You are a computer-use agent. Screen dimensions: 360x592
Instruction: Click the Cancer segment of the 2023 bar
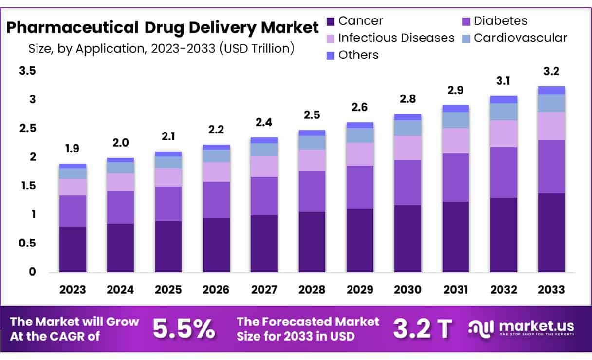click(73, 249)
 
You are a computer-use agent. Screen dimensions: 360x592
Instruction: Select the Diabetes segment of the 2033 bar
click(551, 167)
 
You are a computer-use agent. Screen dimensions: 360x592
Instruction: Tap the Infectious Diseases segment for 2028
click(312, 160)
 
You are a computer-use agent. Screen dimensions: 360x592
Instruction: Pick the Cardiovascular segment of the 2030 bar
click(407, 128)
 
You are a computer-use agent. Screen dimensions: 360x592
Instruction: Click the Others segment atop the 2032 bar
click(503, 99)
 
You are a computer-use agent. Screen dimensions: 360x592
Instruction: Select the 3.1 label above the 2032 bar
click(503, 81)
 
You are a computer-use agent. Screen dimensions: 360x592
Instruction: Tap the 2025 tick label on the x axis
click(168, 289)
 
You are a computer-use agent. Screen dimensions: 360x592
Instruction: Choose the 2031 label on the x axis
click(455, 289)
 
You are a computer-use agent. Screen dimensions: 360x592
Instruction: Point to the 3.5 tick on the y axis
click(27, 71)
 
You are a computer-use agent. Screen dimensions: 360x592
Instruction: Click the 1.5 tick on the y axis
click(27, 186)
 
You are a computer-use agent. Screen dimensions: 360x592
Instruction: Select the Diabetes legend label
click(500, 21)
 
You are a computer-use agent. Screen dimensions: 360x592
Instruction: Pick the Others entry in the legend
click(358, 55)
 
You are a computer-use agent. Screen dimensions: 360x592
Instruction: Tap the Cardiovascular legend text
click(520, 38)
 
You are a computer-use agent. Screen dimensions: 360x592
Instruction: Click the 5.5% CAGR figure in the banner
click(184, 329)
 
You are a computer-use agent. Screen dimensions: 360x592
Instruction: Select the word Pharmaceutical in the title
click(72, 28)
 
